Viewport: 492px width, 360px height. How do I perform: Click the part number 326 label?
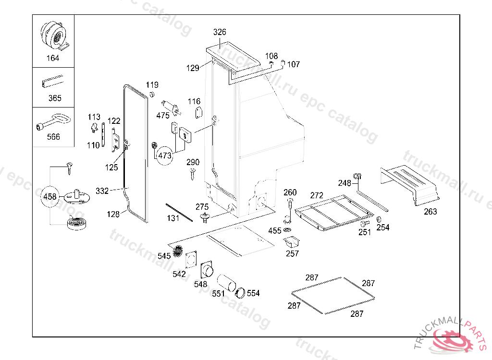coord(220,32)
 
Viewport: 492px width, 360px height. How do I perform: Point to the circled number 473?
coord(165,156)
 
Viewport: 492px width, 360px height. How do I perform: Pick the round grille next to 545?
coord(178,251)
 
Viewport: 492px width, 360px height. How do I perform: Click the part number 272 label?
coord(317,195)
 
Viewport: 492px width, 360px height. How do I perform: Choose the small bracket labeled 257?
coord(291,241)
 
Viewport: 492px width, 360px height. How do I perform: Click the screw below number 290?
coord(192,174)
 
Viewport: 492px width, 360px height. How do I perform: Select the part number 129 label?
coord(193,68)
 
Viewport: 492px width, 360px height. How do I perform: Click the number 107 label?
coord(294,64)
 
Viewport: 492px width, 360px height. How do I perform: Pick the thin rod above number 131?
coord(179,212)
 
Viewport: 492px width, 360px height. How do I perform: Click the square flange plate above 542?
coord(191,259)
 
